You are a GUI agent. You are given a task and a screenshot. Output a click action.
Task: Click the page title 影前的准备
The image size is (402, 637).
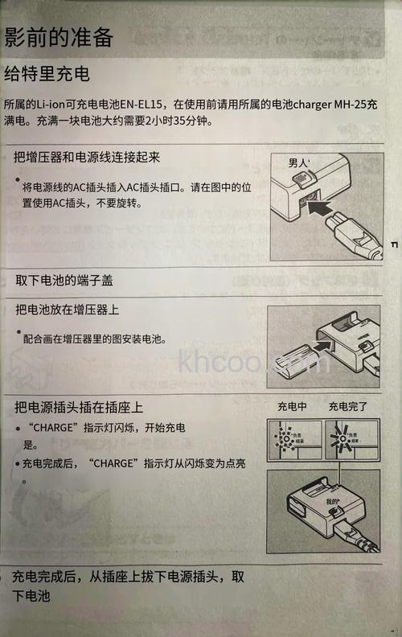58,36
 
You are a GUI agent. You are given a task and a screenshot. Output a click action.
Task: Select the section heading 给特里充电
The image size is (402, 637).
47,75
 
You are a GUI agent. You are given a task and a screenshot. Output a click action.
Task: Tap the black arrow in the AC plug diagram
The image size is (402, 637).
329,212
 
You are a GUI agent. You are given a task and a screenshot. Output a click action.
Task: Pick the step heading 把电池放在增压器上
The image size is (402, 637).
72,310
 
